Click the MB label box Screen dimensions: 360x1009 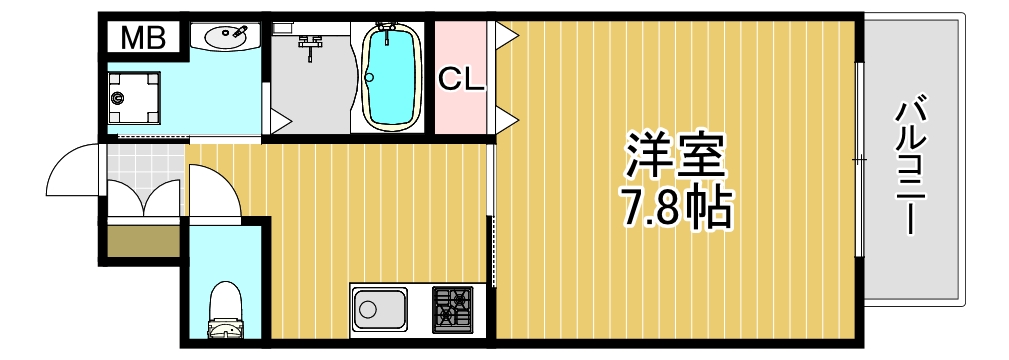pyautogui.click(x=142, y=39)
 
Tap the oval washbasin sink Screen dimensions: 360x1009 pyautogui.click(x=229, y=38)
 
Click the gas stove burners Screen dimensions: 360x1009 pyautogui.click(x=453, y=308)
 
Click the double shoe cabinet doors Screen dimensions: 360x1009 pyautogui.click(x=144, y=203)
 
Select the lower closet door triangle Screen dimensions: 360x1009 pyautogui.click(x=506, y=120)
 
